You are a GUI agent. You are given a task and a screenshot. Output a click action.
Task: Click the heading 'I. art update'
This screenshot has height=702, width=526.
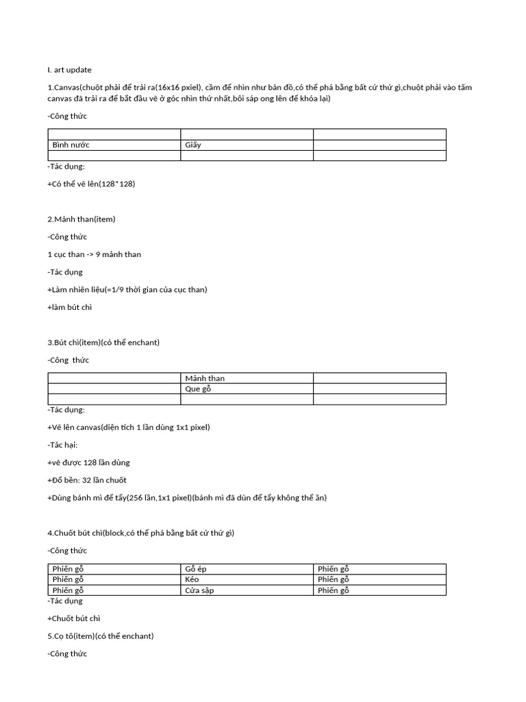(x=69, y=70)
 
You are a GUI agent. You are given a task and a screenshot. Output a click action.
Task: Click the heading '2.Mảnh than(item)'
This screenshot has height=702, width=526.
(x=82, y=219)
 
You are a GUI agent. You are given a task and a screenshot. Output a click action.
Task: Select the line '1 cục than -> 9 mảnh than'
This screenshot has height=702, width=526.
(x=95, y=254)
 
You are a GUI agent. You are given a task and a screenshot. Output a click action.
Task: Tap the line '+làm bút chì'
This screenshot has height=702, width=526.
(x=70, y=307)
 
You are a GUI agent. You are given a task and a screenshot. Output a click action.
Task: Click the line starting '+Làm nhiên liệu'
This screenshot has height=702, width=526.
(x=127, y=289)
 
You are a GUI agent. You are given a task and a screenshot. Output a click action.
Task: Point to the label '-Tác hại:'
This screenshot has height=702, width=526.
(x=63, y=445)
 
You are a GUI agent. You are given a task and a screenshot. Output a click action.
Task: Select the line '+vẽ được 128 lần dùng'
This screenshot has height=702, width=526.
(x=89, y=463)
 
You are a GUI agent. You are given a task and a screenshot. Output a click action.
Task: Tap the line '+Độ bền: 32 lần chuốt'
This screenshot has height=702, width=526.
(x=87, y=480)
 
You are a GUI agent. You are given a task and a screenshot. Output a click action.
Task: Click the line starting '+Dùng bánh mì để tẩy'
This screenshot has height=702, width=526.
(x=187, y=498)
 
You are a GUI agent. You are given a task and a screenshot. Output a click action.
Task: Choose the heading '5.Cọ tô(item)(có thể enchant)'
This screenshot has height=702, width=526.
(x=101, y=636)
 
